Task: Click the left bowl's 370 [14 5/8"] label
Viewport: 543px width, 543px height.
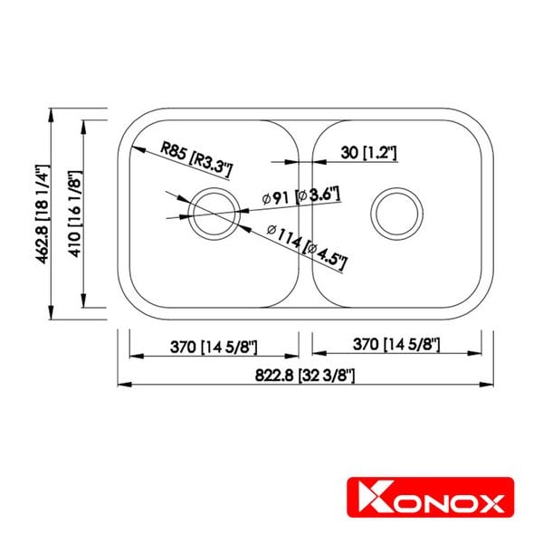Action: tap(214, 344)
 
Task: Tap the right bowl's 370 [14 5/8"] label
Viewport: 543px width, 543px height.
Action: tap(395, 344)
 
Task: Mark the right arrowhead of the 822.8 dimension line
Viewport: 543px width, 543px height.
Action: tap(490, 386)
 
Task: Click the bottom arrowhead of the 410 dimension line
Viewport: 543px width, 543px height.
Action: tap(84, 305)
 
